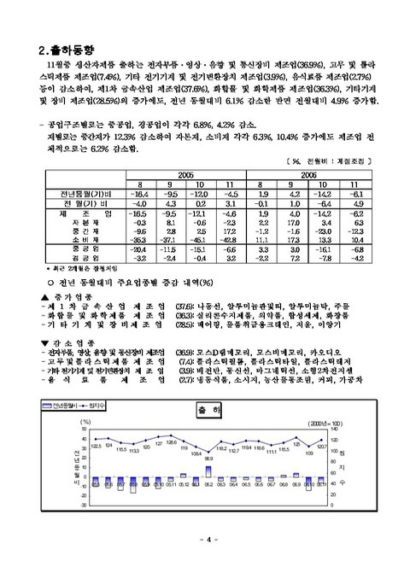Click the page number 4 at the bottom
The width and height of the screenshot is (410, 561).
tap(206, 540)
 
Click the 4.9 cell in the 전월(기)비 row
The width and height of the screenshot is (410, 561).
tap(358, 203)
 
